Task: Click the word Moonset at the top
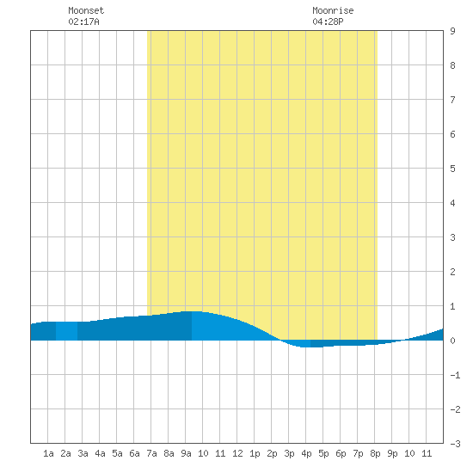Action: [86, 10]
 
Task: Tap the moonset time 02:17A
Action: [83, 21]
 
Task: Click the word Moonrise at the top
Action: [333, 10]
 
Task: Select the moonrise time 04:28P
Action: [328, 21]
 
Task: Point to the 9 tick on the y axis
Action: [452, 31]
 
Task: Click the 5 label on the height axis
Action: [452, 169]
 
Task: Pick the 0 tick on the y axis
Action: [452, 341]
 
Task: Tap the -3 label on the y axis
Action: [455, 444]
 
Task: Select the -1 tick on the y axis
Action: [455, 375]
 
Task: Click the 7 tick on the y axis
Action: [452, 100]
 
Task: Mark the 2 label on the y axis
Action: [452, 272]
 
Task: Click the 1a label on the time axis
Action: [48, 453]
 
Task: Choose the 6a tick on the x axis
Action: [134, 453]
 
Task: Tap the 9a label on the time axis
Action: [186, 453]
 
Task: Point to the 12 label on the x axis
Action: [237, 453]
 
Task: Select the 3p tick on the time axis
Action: [289, 453]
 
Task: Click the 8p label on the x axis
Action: [375, 453]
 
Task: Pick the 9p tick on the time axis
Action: [392, 453]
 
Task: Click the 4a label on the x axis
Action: [100, 453]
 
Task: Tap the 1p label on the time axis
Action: [255, 453]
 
